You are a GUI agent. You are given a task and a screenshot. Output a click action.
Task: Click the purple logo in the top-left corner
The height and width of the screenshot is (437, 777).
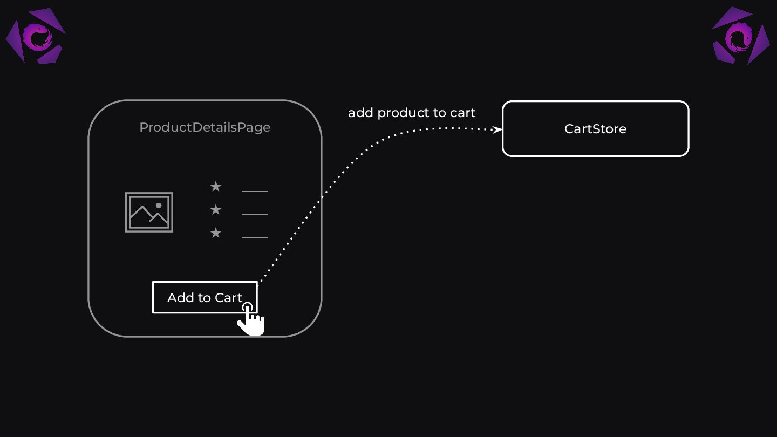[36, 37]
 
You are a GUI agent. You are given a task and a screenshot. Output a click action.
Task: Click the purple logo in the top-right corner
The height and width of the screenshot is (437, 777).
[740, 36]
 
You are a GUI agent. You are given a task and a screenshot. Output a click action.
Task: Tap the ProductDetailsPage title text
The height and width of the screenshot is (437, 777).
[205, 127]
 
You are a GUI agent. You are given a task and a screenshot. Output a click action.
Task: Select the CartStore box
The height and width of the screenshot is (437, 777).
[595, 129]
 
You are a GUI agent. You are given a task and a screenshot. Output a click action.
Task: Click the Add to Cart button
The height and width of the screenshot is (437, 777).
[205, 297]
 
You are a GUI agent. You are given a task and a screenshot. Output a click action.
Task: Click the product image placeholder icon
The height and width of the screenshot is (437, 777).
[149, 212]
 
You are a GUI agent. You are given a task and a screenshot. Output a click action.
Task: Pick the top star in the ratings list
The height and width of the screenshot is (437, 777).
[216, 187]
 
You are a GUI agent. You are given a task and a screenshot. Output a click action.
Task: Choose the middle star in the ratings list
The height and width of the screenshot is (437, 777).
[216, 210]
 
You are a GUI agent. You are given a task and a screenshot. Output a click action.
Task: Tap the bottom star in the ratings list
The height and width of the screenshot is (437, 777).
[216, 233]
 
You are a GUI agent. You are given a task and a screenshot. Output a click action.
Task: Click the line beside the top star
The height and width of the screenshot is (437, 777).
[255, 191]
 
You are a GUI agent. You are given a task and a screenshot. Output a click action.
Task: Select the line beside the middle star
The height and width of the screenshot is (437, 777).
[255, 214]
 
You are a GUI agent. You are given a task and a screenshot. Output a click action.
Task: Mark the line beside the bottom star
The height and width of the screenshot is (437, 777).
[255, 237]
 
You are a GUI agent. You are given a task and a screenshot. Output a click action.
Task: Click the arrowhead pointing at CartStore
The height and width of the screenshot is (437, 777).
[498, 129]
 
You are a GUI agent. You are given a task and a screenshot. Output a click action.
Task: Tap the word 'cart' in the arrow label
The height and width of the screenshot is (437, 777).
[462, 113]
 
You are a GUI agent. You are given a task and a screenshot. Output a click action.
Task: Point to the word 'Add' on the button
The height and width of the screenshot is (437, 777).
[179, 298]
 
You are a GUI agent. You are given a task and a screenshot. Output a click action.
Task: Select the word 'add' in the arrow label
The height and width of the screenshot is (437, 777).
[360, 113]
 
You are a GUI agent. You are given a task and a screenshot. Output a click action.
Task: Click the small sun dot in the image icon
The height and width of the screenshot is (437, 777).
[159, 206]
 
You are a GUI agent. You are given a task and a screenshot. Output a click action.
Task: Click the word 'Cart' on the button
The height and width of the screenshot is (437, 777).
[229, 298]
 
